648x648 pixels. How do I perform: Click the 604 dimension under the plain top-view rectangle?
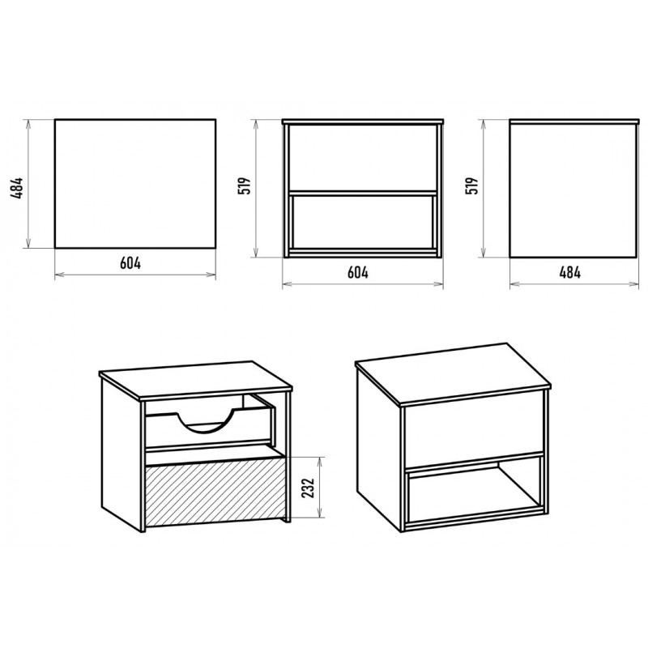coord(130,262)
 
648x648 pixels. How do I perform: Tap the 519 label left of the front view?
coord(245,186)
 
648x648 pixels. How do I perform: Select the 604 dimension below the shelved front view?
coord(358,272)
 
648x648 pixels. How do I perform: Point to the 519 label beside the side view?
coord(472,186)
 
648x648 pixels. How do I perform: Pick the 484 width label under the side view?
coord(570,272)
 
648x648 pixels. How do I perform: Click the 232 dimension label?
coord(309,488)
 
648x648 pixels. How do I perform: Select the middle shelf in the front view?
coord(362,193)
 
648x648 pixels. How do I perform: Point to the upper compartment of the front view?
coord(362,157)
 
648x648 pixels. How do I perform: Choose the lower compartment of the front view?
coord(362,222)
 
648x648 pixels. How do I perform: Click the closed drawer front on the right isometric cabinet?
coord(474,430)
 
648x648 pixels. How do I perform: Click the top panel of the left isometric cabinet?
coord(195,379)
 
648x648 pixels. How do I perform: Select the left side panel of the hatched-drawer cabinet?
coord(122,454)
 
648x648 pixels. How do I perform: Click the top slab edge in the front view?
coord(362,122)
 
